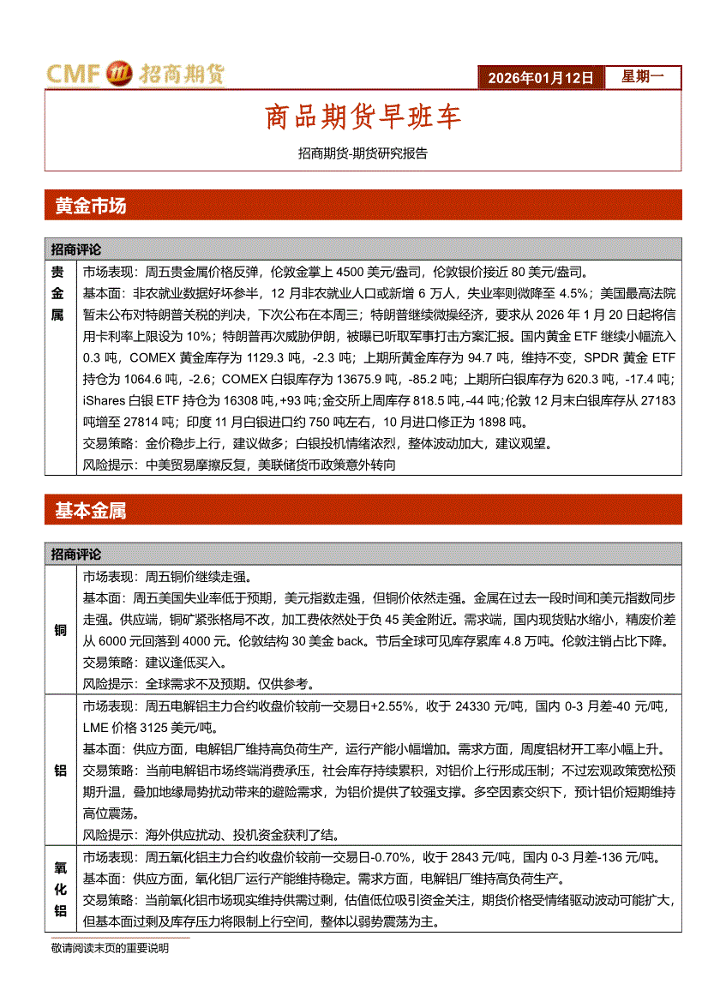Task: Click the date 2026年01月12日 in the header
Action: [541, 77]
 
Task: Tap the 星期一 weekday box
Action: [643, 77]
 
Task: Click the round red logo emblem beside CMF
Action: [118, 75]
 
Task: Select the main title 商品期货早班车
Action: [363, 117]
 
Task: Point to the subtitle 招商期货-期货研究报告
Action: [363, 154]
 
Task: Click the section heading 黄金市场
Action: [90, 206]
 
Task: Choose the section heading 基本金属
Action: [90, 511]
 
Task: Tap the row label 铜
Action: [60, 630]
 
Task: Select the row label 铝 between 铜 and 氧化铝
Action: [60, 770]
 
